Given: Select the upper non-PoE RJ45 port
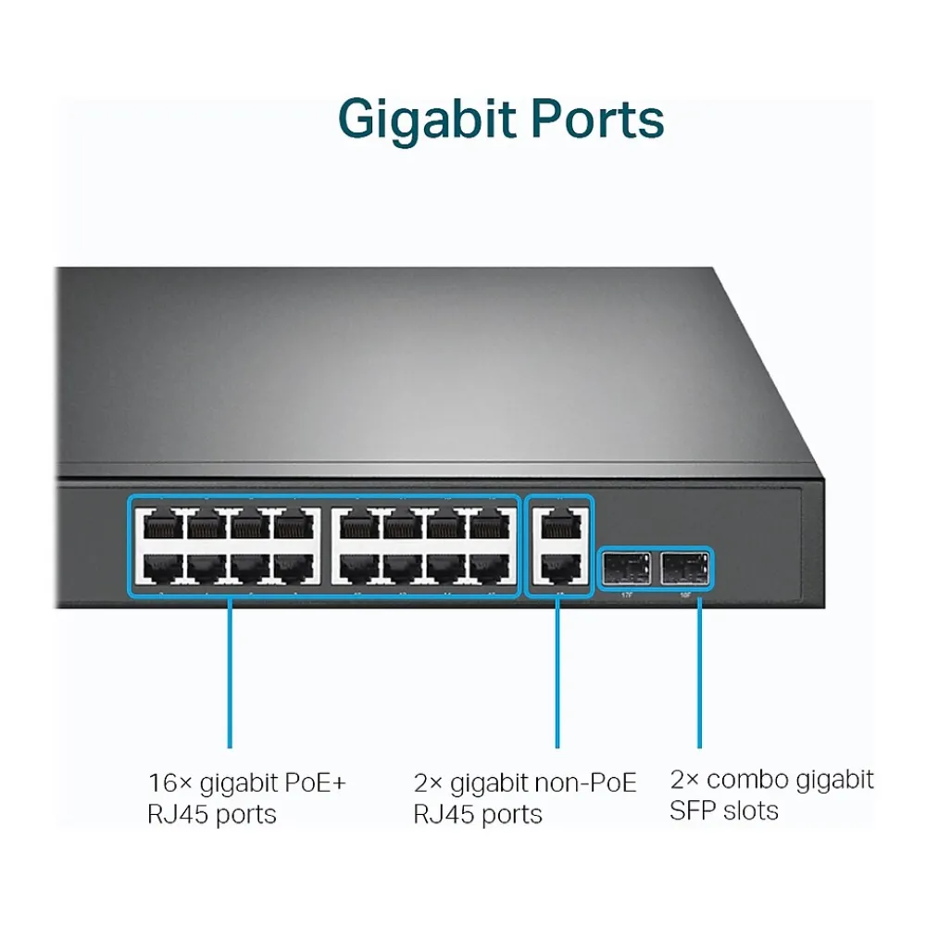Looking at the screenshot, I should (x=558, y=526).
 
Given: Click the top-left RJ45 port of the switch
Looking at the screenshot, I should (x=160, y=526).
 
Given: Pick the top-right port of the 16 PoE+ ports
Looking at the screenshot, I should (x=491, y=526).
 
